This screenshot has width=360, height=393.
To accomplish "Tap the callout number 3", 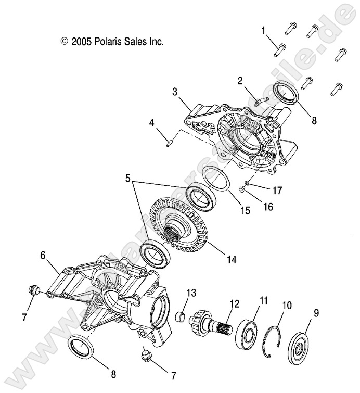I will click(x=175, y=92).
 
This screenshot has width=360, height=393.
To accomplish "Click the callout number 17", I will click(x=277, y=191).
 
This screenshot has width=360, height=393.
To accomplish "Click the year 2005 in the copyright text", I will click(x=82, y=41).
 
